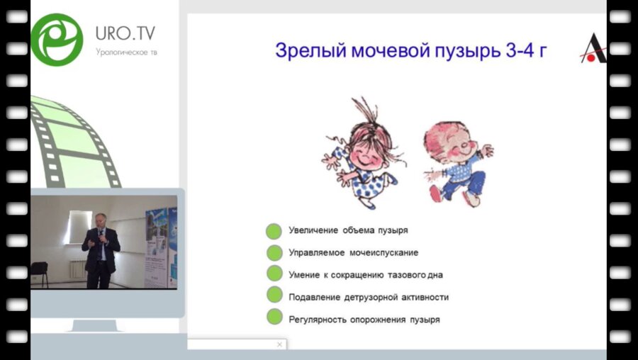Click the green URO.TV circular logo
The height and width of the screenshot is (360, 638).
[x=57, y=39]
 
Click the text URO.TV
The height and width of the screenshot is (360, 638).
[x=125, y=33]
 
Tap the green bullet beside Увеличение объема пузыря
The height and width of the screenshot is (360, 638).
[x=274, y=231]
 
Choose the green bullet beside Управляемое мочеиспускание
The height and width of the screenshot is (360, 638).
[x=274, y=253]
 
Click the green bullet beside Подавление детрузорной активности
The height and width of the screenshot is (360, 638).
[x=274, y=297]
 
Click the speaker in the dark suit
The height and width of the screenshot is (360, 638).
[x=100, y=249]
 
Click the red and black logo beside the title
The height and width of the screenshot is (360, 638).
[x=593, y=48]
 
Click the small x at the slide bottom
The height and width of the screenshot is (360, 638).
[x=279, y=344]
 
